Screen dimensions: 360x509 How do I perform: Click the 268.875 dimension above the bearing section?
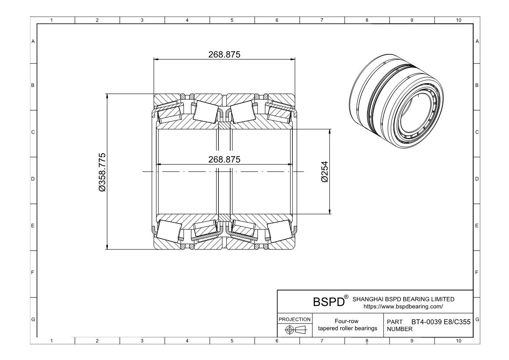coord(224,54)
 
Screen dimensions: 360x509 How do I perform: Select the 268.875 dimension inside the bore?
coord(224,159)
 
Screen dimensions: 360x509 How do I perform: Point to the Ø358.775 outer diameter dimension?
coord(102,172)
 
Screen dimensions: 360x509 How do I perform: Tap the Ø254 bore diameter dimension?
coord(324,172)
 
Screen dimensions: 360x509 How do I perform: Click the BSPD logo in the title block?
coord(328,302)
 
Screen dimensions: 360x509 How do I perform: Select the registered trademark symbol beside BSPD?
coord(346,297)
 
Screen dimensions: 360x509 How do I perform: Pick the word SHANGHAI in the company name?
coord(367,299)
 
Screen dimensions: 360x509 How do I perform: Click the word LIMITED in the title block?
coord(440,299)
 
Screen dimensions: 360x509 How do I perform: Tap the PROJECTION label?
coord(294,319)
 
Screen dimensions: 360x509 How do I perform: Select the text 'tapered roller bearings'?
coord(348,328)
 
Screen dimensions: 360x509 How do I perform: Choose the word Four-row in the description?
coord(348,322)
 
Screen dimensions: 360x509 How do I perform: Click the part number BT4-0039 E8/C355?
coord(440,322)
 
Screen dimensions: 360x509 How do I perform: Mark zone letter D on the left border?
coord(33,179)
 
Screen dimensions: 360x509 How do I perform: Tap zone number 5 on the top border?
coord(231,20)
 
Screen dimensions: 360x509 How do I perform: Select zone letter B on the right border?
coord(477,85)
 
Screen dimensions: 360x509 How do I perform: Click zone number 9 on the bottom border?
coord(412,341)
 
